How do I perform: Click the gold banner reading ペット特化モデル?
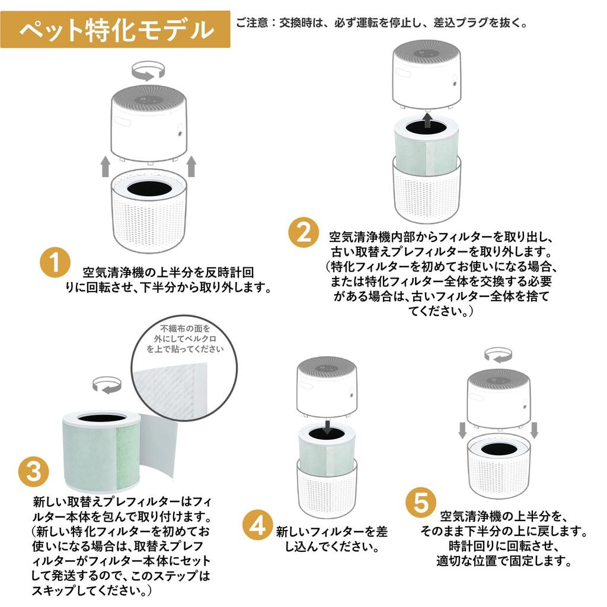(x=116, y=29)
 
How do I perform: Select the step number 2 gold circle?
(x=303, y=232)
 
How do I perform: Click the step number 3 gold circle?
(x=34, y=472)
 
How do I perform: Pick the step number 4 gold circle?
(x=257, y=525)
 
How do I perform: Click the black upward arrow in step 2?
(x=427, y=122)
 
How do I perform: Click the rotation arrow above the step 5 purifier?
(x=498, y=355)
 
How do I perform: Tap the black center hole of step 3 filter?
(x=101, y=417)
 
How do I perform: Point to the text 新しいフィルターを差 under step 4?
(x=331, y=531)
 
